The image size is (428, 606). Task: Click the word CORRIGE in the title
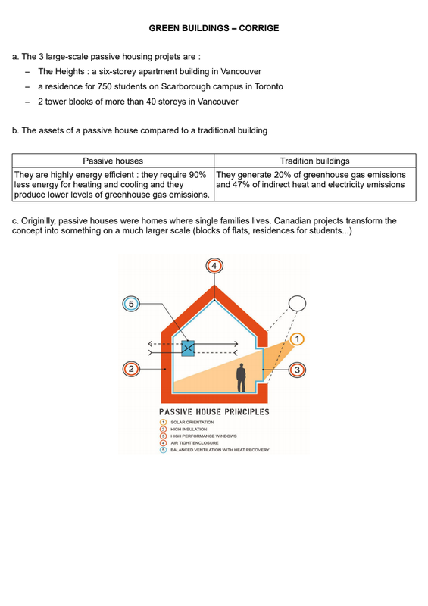coord(258,28)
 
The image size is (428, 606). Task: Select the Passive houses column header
coord(113,161)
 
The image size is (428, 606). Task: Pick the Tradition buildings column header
coord(314,161)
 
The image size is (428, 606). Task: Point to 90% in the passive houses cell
coord(198,175)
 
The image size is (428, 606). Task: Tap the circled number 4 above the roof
coord(214,267)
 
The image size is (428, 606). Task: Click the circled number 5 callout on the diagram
coord(131,304)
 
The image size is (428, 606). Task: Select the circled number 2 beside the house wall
coord(131,369)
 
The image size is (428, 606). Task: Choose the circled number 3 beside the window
coord(297,370)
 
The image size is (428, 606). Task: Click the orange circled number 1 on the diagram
coord(297,339)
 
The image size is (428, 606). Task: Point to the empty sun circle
coord(297,304)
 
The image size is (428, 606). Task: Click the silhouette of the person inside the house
coord(241,377)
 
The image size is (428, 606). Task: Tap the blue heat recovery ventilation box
coord(188,348)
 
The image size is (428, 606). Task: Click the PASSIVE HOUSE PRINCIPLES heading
coord(214,412)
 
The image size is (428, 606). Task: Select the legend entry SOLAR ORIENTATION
coord(192,423)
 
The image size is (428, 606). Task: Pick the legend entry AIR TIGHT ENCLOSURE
coord(195,443)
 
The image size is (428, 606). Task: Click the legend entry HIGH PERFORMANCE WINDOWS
coord(203,436)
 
